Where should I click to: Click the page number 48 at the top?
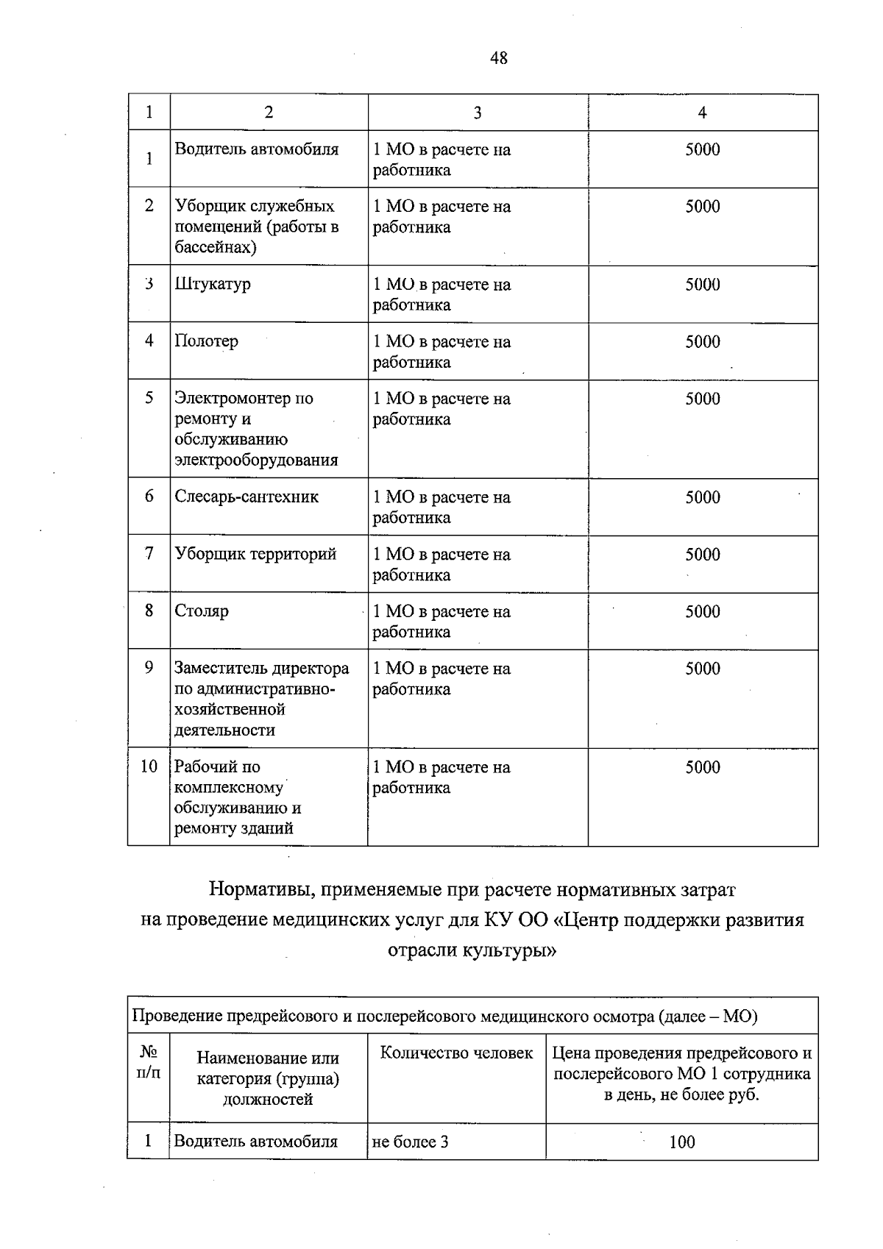(498, 58)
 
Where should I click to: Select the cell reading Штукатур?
(213, 285)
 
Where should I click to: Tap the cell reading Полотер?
(207, 341)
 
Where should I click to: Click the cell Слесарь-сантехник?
(247, 497)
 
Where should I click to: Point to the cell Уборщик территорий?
(255, 555)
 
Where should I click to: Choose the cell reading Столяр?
(202, 611)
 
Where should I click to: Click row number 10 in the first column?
(149, 767)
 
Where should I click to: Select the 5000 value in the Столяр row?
(702, 612)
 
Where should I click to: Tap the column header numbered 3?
(478, 113)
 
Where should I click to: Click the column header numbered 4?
(702, 113)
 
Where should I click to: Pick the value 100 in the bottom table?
(681, 1142)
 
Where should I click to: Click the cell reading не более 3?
(411, 1142)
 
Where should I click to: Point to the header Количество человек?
(456, 1053)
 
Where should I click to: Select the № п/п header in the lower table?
(149, 1063)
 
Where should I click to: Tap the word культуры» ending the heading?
(508, 951)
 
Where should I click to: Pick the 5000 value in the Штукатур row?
(702, 285)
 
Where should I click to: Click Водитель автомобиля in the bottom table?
(255, 1142)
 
